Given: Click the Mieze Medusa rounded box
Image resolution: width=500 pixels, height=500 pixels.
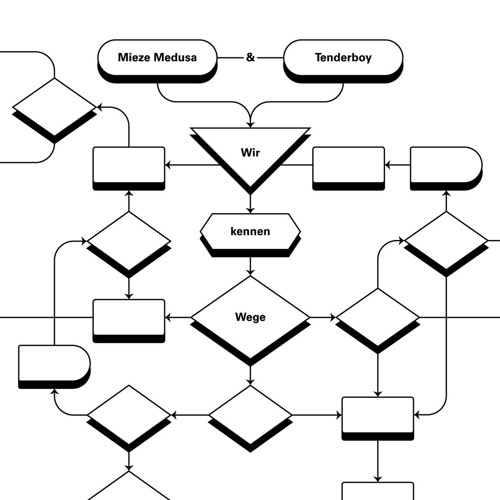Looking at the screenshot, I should point(157,57).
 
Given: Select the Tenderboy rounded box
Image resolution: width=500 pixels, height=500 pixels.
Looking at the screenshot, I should point(343,57).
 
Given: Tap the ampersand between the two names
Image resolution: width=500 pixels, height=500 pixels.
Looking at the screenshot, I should point(250,57).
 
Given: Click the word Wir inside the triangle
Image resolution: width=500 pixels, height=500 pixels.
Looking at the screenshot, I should point(250,152).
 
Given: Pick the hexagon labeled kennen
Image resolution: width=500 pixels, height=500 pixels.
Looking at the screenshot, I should point(250,231).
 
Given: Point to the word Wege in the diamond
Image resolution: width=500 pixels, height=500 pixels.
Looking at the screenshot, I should point(250,317).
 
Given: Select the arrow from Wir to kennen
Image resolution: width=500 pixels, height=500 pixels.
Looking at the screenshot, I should point(250,204).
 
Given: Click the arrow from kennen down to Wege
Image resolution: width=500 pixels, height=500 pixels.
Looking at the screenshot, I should point(250,267).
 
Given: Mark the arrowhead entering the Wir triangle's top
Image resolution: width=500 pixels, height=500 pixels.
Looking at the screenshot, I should point(250,124).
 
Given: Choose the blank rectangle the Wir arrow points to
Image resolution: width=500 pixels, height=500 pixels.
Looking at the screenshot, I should point(129,165).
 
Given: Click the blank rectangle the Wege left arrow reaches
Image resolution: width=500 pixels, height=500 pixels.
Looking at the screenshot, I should point(129,317).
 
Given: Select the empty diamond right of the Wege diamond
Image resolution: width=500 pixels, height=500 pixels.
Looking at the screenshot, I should point(377,317).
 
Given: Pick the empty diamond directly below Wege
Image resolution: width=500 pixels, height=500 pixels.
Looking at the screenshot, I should point(250,415).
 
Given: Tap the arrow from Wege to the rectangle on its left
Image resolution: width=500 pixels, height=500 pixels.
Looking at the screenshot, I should point(178,317).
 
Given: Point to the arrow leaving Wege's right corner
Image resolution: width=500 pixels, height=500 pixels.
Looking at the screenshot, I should point(323,317).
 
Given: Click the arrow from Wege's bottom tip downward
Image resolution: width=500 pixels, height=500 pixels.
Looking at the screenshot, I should point(250,375).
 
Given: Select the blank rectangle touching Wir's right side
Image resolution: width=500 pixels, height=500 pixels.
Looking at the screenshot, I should point(348,165).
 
